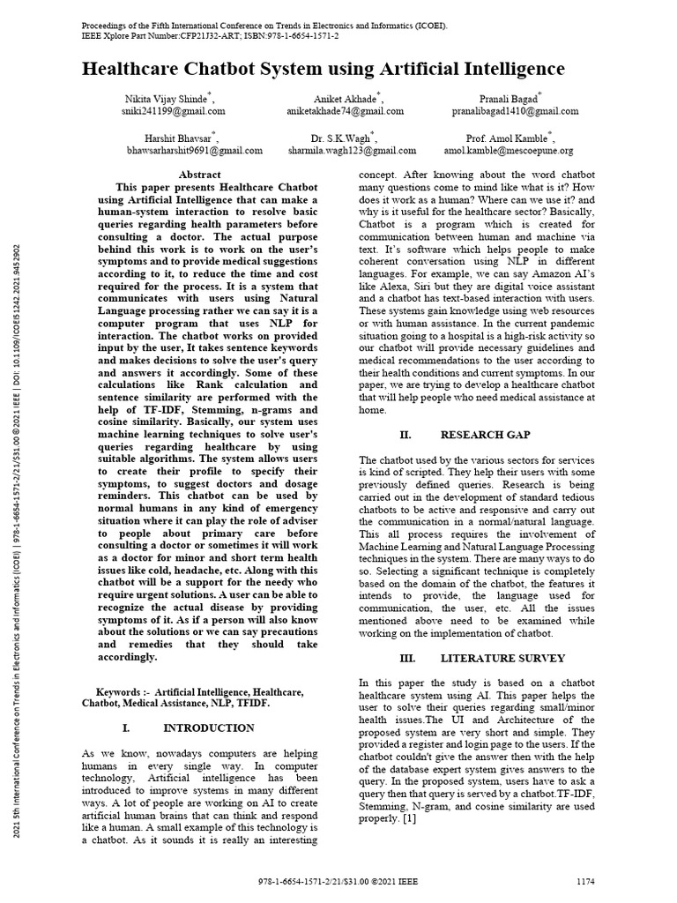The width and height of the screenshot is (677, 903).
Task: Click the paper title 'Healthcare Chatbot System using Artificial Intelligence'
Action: click(x=324, y=70)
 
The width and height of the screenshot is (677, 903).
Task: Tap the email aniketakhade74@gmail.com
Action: click(x=346, y=112)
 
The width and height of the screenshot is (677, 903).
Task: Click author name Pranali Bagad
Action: click(x=511, y=99)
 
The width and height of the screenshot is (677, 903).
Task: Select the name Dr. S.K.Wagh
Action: click(x=342, y=138)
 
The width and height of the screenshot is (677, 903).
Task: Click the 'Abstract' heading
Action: click(x=199, y=175)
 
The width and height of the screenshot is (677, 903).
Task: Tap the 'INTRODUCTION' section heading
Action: click(x=209, y=728)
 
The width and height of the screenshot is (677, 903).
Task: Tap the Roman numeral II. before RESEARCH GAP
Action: click(x=406, y=435)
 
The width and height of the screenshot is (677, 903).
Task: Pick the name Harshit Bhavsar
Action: click(x=179, y=138)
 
